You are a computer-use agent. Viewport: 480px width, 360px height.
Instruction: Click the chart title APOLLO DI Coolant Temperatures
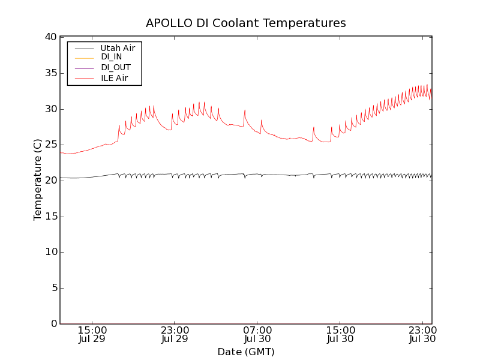246,23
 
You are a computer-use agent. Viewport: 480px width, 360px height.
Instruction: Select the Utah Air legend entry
117,47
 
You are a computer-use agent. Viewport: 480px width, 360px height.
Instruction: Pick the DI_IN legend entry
111,57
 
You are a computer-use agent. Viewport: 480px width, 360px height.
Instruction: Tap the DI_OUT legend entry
115,67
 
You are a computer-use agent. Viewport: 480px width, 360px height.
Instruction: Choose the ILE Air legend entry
114,78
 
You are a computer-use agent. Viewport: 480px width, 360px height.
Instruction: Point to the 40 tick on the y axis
50,37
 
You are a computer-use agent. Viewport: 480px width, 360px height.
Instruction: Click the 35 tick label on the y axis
50,73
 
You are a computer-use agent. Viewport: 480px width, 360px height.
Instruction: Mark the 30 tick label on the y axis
50,109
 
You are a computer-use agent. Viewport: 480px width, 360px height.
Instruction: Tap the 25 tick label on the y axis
50,145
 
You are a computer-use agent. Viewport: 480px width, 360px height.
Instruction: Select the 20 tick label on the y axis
50,181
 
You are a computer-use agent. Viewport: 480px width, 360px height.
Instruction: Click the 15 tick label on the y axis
50,217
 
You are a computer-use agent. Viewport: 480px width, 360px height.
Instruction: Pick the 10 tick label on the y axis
50,252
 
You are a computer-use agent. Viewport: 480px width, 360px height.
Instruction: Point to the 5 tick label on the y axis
53,288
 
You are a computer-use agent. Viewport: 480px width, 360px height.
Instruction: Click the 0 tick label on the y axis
53,324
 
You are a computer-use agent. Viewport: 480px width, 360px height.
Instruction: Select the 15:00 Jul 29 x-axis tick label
92,334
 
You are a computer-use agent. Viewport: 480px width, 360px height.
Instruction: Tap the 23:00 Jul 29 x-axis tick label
175,334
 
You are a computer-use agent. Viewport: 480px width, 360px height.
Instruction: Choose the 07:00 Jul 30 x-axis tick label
257,334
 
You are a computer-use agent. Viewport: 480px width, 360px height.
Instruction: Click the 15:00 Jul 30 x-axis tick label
340,334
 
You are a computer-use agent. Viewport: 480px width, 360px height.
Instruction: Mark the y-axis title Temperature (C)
37,180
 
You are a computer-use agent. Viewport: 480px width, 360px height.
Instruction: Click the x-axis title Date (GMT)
246,352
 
